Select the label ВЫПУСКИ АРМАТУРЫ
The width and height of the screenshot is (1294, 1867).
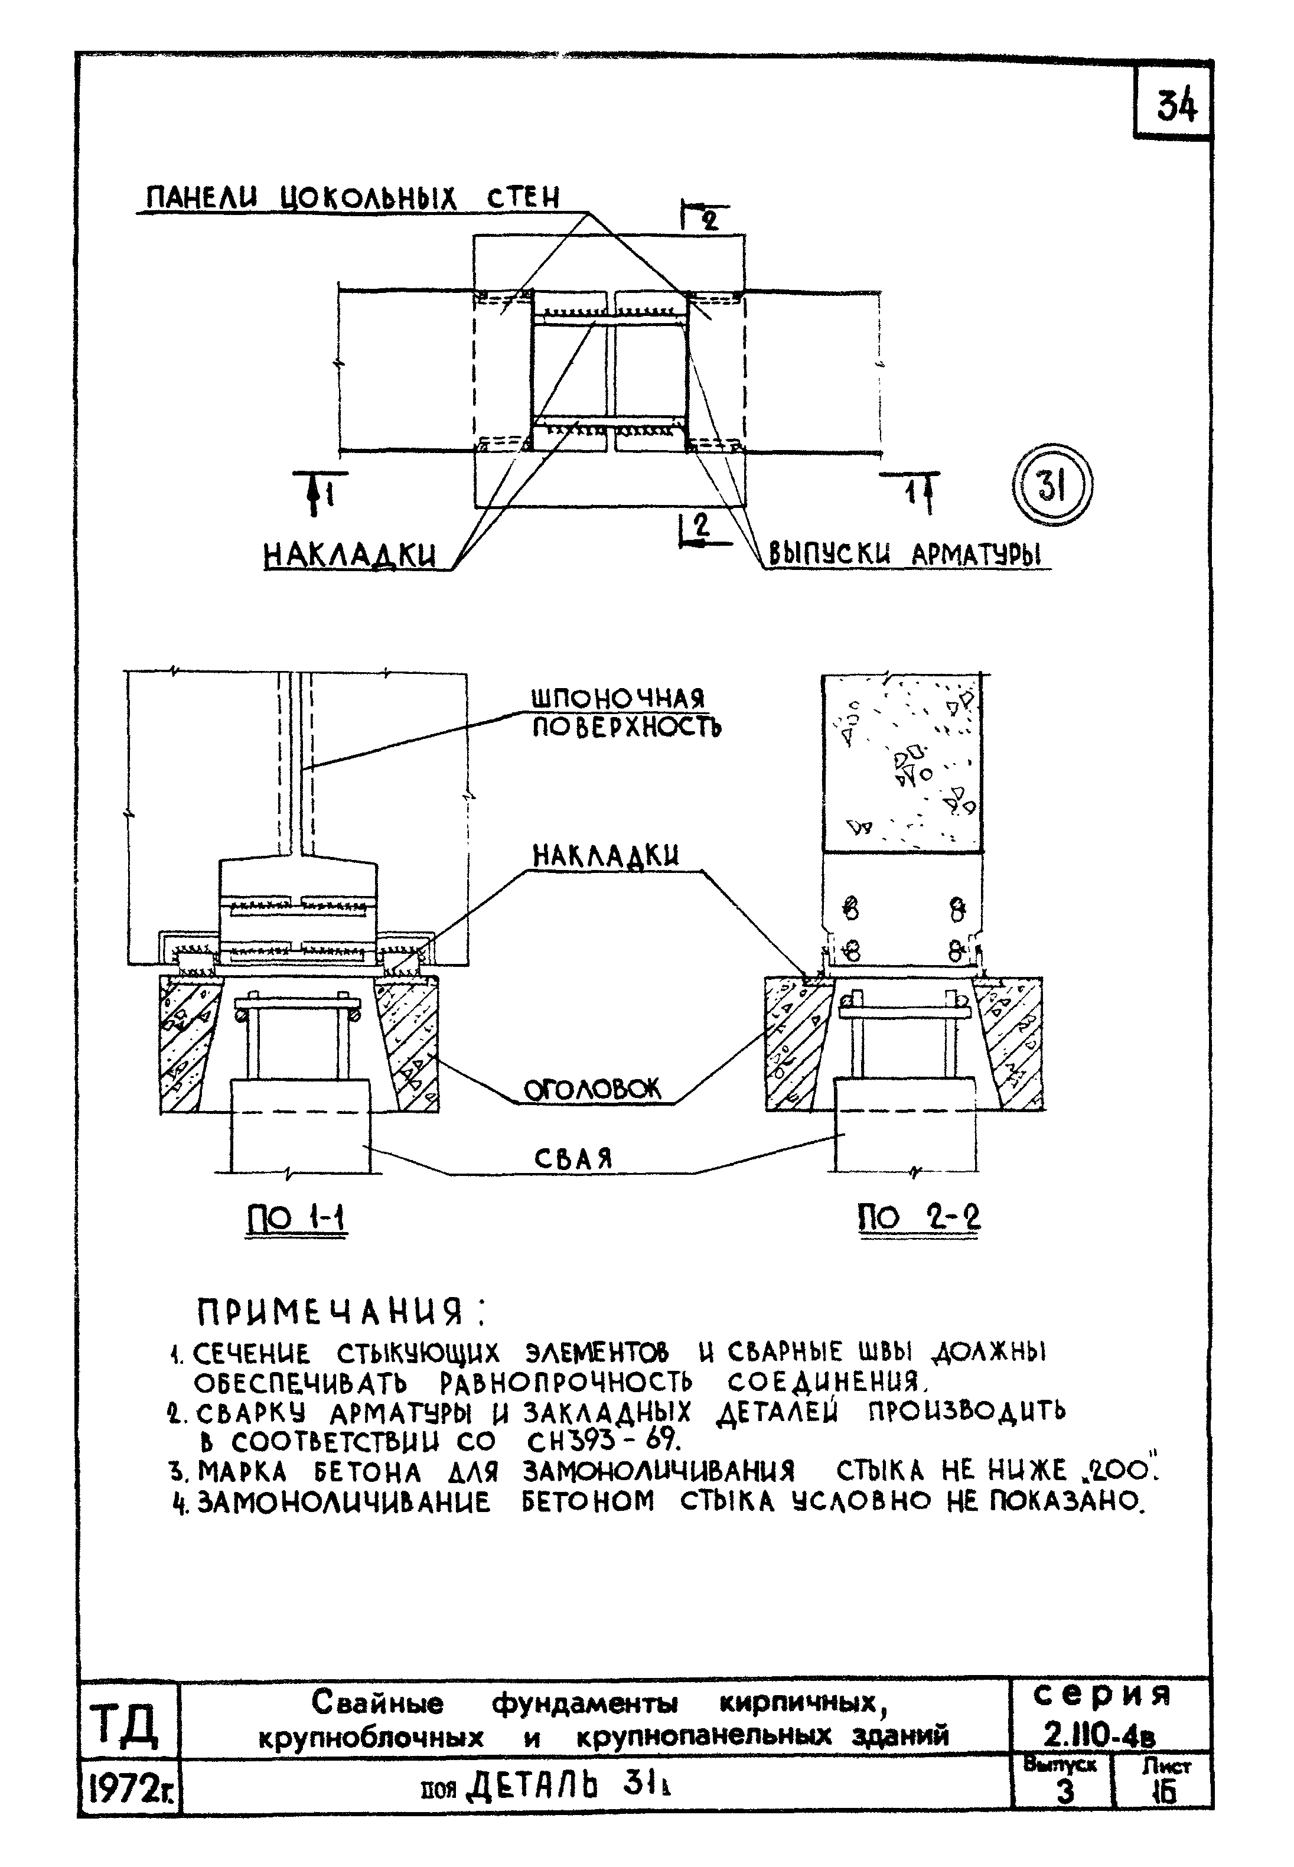click(x=905, y=555)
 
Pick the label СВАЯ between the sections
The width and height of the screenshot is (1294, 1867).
click(x=573, y=1159)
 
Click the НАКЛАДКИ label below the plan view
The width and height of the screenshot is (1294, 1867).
click(x=350, y=555)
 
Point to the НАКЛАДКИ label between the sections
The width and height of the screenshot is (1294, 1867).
click(x=605, y=856)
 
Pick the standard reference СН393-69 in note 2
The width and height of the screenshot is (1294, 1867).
click(x=604, y=1441)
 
